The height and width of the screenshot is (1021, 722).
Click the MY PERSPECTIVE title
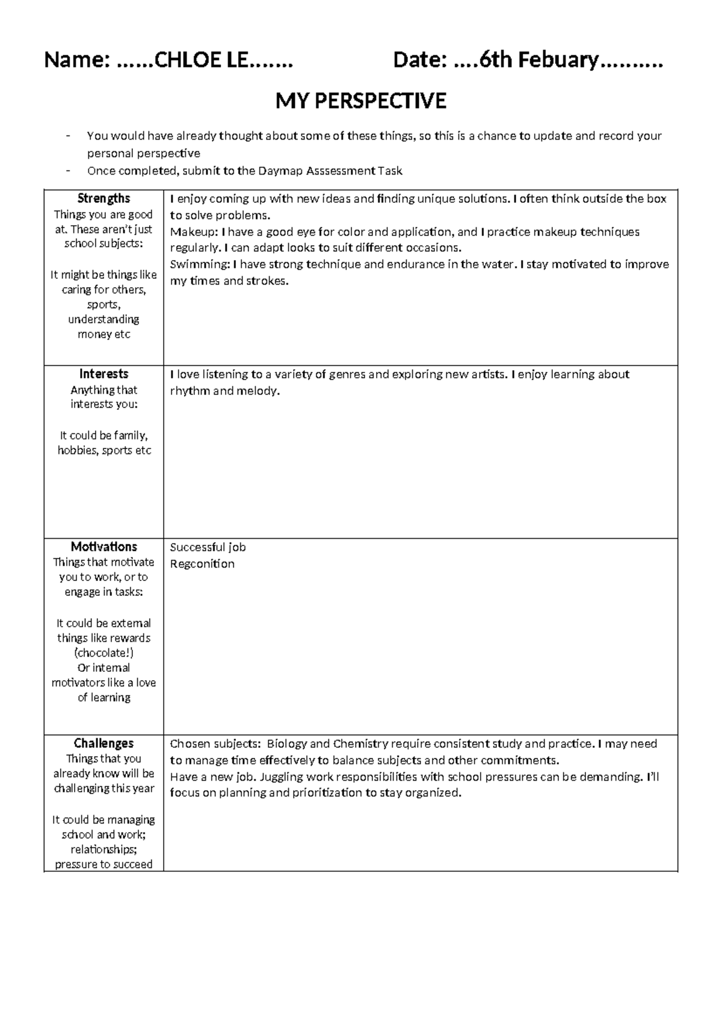(360, 101)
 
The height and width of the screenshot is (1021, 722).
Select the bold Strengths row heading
(103, 199)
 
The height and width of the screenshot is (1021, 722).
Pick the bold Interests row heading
(103, 374)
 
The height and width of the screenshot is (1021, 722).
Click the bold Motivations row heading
(103, 547)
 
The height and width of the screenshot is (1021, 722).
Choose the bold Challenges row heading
(103, 743)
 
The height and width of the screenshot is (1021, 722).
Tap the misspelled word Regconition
(202, 564)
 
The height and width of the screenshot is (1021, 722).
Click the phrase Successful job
(208, 547)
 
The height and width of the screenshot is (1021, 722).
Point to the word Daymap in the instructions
(280, 171)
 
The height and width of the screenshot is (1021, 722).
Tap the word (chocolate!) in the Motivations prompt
(103, 653)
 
